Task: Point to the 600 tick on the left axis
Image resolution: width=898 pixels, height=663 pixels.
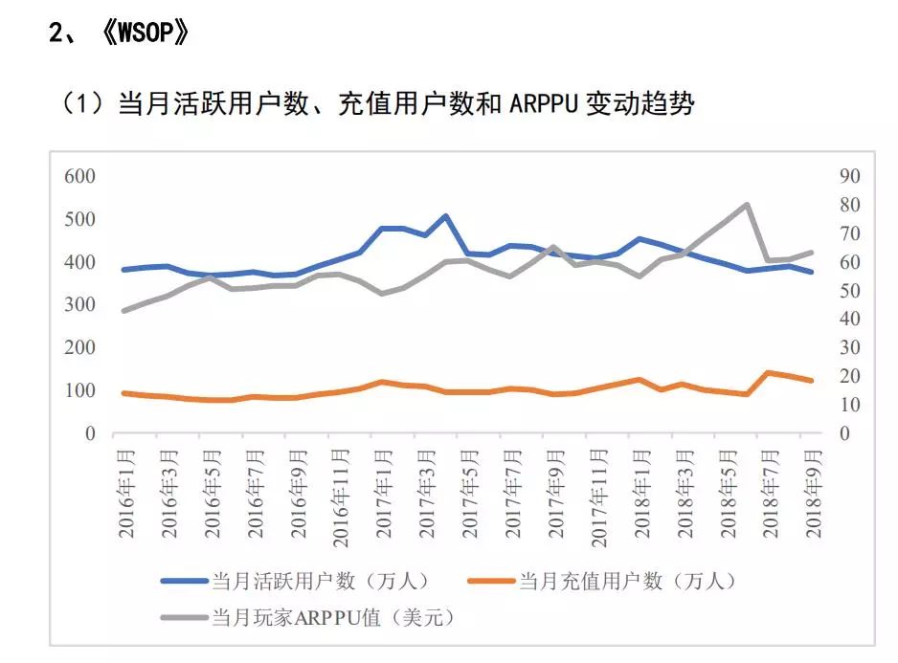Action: [79, 176]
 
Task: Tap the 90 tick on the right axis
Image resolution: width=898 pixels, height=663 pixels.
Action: [823, 176]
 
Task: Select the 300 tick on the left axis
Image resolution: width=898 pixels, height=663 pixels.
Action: [79, 305]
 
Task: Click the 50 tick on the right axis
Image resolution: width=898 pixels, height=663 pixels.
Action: [823, 291]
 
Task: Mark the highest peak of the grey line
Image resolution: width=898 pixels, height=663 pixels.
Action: [746, 205]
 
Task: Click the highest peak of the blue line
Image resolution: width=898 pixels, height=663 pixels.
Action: [445, 216]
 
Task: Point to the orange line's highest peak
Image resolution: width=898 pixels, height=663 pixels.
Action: [768, 372]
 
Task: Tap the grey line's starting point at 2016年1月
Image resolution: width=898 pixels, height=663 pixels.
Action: [124, 311]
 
